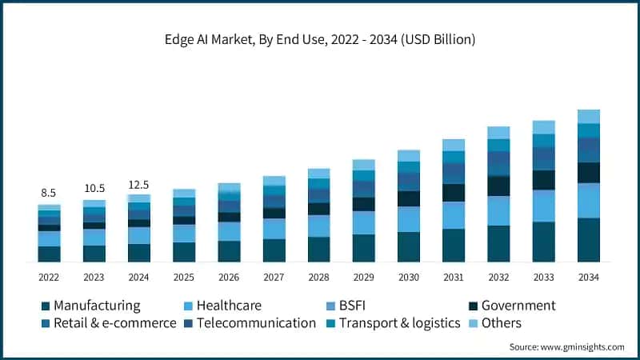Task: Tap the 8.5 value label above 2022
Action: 49,193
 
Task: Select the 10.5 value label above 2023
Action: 94,188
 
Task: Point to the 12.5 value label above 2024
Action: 138,185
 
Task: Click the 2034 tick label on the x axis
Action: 589,277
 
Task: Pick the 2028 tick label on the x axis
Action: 318,277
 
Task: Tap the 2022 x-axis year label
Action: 49,277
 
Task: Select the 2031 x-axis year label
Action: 454,277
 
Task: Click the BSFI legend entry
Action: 374,306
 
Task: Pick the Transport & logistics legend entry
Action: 399,323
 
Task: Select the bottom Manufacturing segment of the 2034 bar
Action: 589,240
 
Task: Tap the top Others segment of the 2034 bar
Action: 589,116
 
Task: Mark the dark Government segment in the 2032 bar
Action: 498,186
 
